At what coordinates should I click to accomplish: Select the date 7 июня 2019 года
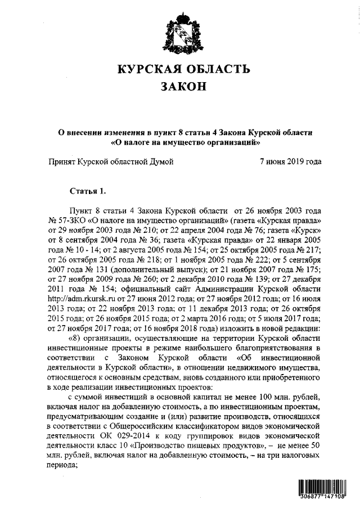point(291,161)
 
